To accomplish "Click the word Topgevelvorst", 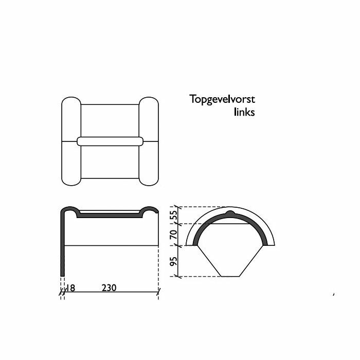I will [222, 99].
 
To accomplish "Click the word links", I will [244, 112].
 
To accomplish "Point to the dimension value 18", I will [69, 288].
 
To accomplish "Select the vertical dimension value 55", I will [174, 215].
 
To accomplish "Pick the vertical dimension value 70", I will [174, 235].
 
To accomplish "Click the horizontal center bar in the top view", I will [110, 141].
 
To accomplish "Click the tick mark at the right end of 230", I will [158, 293].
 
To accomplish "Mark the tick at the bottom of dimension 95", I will [179, 277].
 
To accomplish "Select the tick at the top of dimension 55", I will [179, 207].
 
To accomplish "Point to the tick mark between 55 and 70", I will [179, 224].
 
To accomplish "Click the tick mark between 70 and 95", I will [179, 246].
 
